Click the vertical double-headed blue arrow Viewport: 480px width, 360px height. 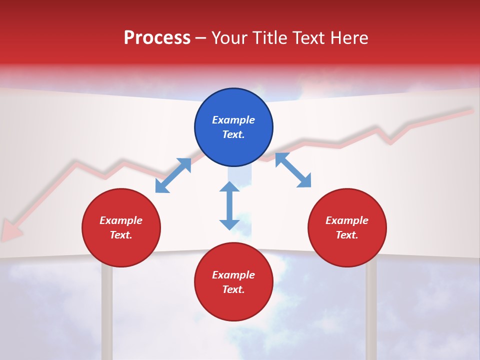tap(229, 206)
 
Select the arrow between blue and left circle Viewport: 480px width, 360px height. tap(173, 175)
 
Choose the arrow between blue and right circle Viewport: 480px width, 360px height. tap(293, 170)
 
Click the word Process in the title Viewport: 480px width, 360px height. tap(157, 38)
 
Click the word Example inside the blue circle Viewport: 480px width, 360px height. tap(233, 120)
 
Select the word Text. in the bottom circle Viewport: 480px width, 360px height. tap(233, 289)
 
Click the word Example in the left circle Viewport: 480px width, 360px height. tap(121, 220)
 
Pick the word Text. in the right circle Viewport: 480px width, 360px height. tap(347, 235)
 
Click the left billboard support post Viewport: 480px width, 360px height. tap(107, 310)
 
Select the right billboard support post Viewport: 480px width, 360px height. tap(371, 310)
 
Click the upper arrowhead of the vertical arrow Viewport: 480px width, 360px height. tap(229, 186)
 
